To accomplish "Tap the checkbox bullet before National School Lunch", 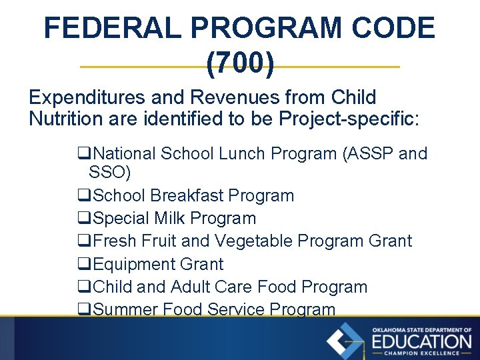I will pos(83,154).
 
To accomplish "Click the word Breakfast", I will pos(187,196).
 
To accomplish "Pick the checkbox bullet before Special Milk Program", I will pos(83,219).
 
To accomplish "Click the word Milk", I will pos(166,219).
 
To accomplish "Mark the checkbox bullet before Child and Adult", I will pos(83,287).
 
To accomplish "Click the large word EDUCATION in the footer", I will pos(421,342).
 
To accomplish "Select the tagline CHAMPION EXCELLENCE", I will pos(421,353).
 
